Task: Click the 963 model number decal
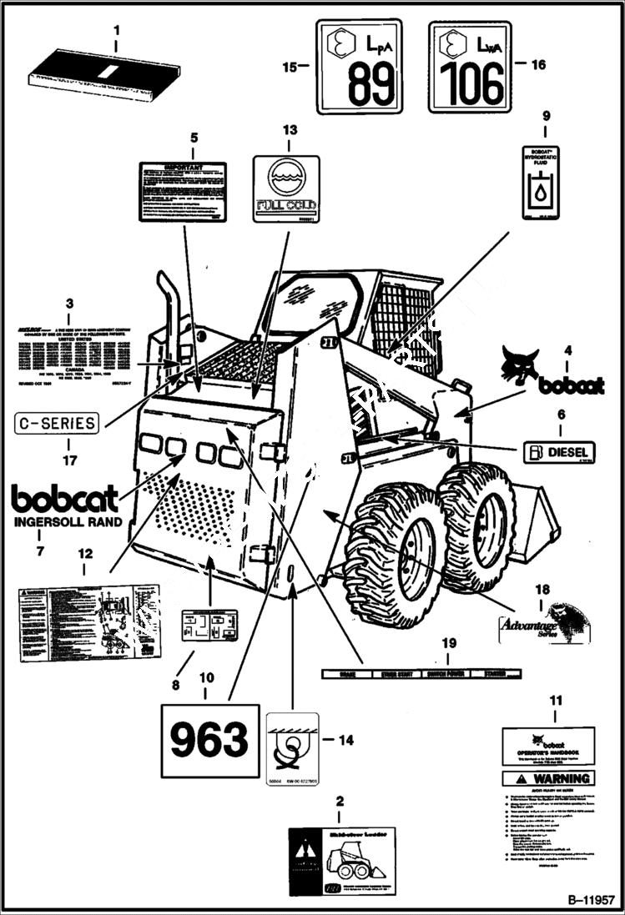[209, 739]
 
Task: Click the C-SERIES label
[57, 423]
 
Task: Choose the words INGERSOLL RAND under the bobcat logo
[67, 522]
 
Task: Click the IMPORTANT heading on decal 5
[182, 168]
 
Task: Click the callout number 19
[449, 643]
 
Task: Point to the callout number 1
[116, 31]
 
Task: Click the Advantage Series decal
[541, 624]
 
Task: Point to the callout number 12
[84, 552]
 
